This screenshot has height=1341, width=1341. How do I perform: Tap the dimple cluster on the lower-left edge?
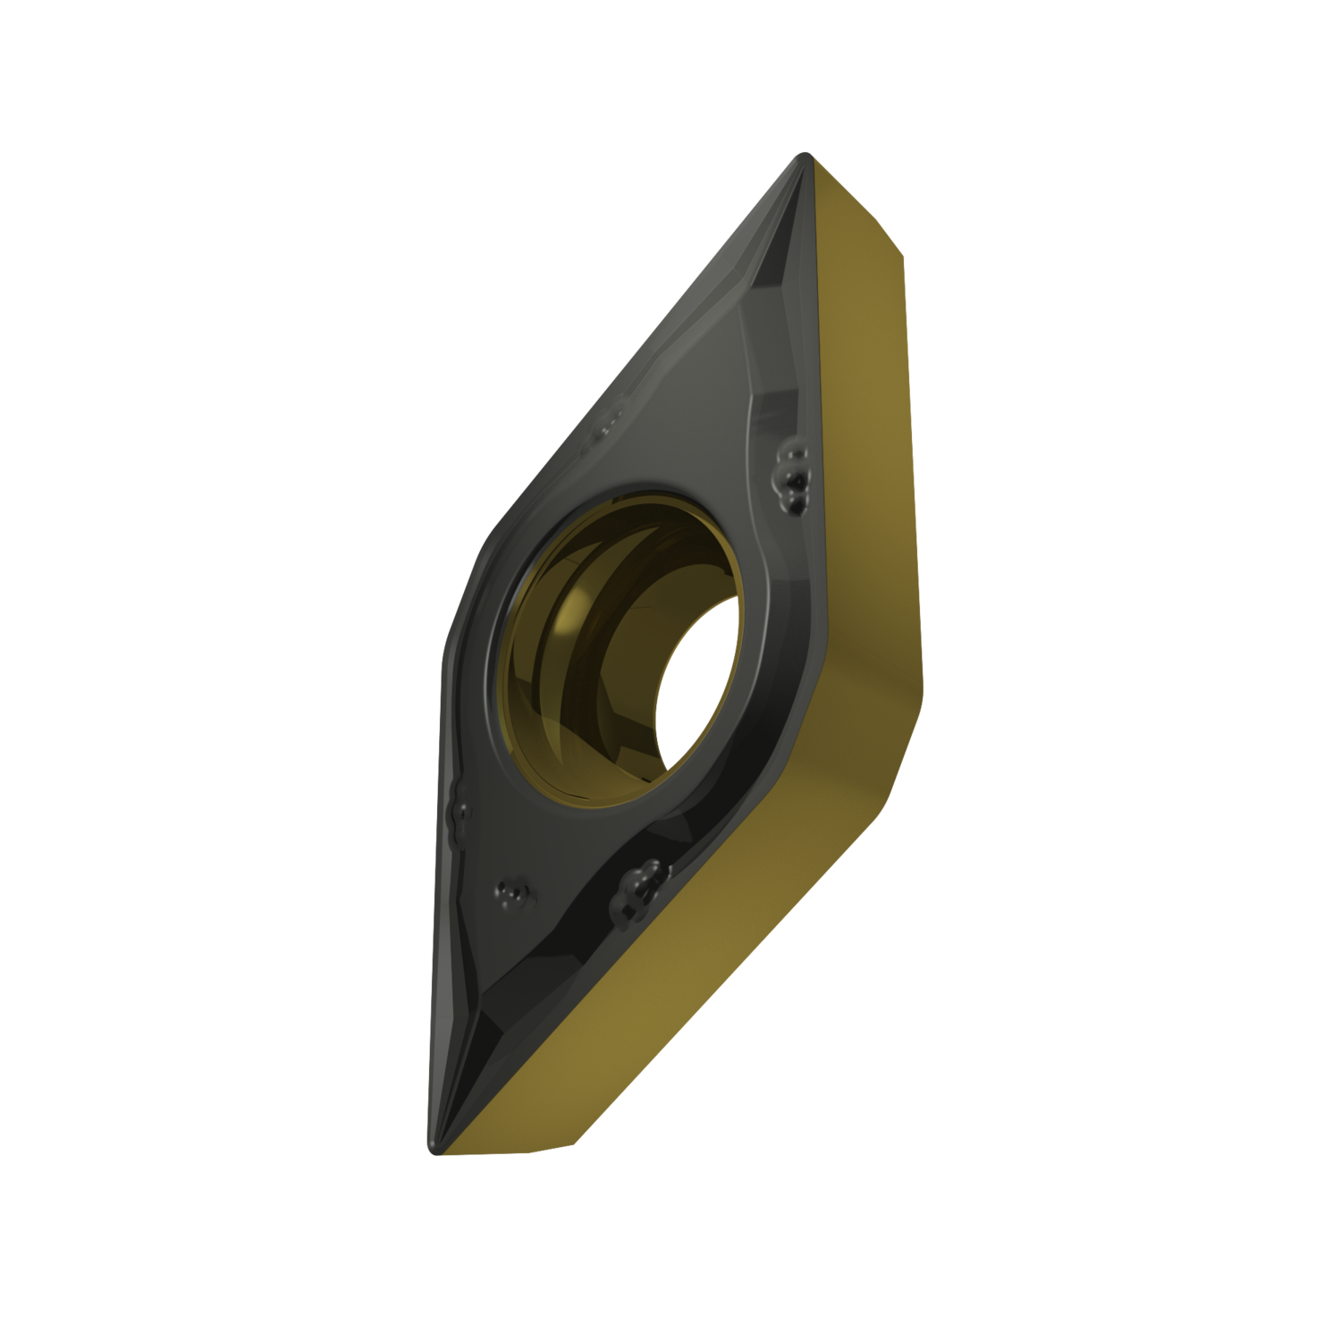(x=461, y=813)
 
